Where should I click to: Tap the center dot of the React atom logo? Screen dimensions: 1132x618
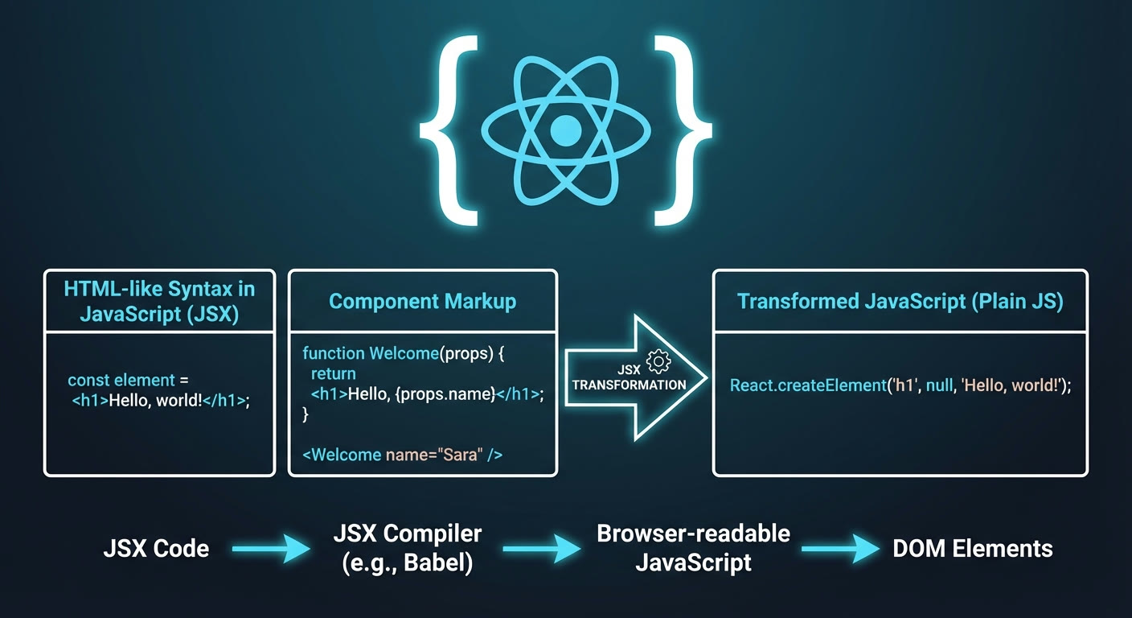tap(565, 130)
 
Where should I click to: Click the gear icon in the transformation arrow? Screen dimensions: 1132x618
tap(658, 361)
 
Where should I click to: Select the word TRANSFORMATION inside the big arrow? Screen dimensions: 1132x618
tap(630, 385)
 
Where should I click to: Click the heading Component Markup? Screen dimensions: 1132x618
tap(422, 302)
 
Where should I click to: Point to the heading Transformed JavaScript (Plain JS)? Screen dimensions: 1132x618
tap(900, 302)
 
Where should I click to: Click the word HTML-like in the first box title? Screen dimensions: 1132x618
tap(113, 289)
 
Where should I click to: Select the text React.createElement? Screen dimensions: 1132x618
tap(808, 385)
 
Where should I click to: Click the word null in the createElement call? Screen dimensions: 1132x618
tap(940, 385)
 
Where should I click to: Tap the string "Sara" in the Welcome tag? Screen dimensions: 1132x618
tap(460, 455)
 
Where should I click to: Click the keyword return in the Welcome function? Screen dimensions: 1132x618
tap(333, 373)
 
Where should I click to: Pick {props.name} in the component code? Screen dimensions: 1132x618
tap(445, 394)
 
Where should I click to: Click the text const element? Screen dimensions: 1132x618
tap(121, 380)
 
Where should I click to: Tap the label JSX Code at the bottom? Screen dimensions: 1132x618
tap(156, 549)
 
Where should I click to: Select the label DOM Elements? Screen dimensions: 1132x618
tap(973, 549)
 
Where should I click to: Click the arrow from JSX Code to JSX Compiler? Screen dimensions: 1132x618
tap(272, 549)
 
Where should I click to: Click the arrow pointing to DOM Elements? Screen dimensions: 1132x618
tap(840, 549)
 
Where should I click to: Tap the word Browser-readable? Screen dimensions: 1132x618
tap(693, 534)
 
